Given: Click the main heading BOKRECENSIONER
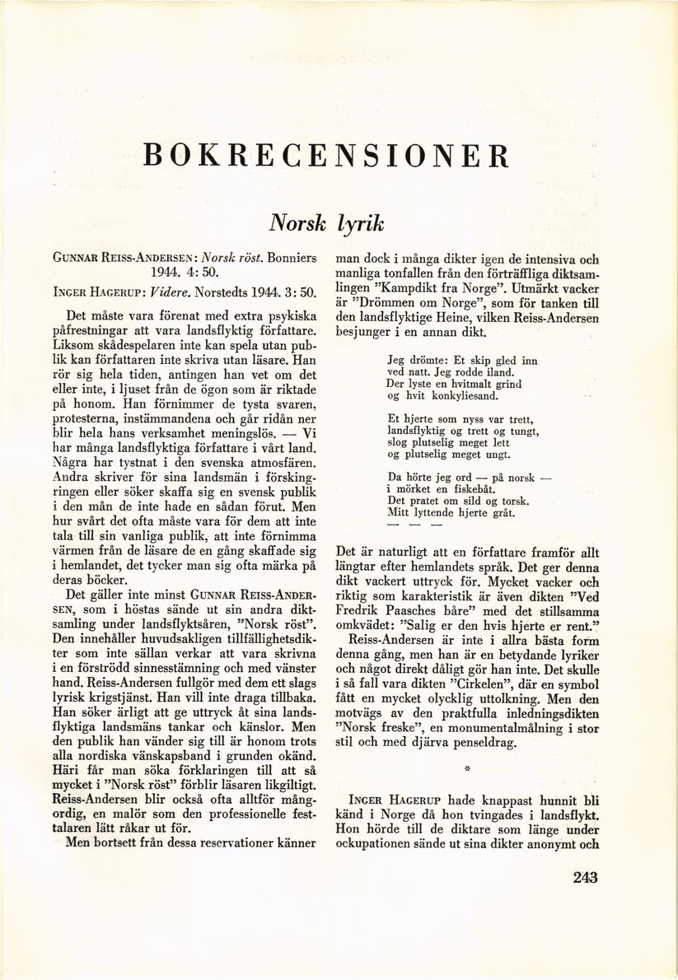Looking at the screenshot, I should tap(326, 156).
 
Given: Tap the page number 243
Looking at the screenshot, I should tap(585, 878).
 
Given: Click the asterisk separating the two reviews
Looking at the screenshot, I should tap(466, 769).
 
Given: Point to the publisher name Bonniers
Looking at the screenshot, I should tap(288, 257).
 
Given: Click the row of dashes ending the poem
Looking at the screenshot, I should tap(414, 525).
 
